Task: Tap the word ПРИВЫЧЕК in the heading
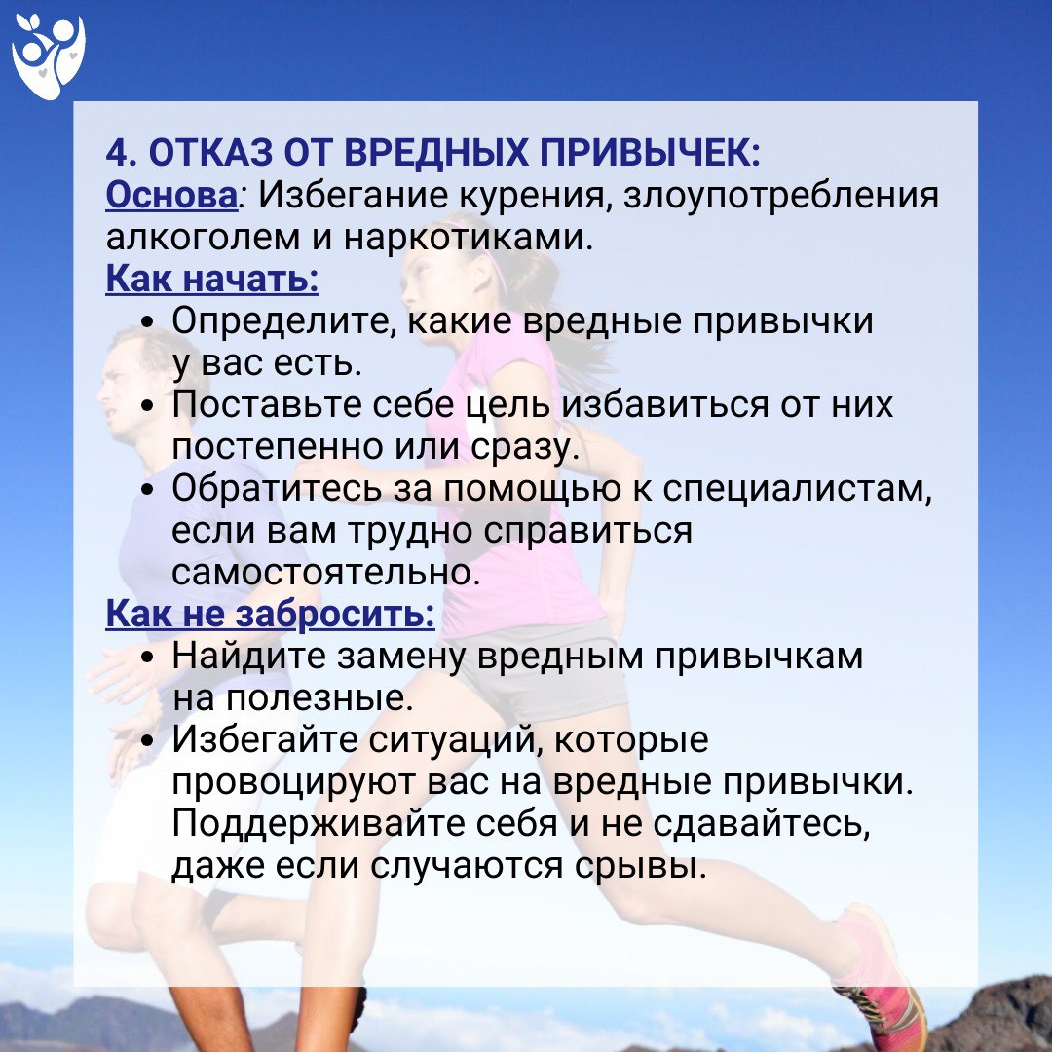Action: coord(651,153)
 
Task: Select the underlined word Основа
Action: coord(171,195)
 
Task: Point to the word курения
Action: coord(534,197)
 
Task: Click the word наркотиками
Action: coord(469,239)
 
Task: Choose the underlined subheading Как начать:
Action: coord(212,280)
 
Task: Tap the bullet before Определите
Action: coord(148,322)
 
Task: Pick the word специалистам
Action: coord(797,489)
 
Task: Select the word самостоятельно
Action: coord(326,573)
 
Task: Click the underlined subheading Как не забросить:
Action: coord(271,614)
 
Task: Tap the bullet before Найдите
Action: coord(148,657)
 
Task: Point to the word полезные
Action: coord(319,698)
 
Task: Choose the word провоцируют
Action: coord(293,782)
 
